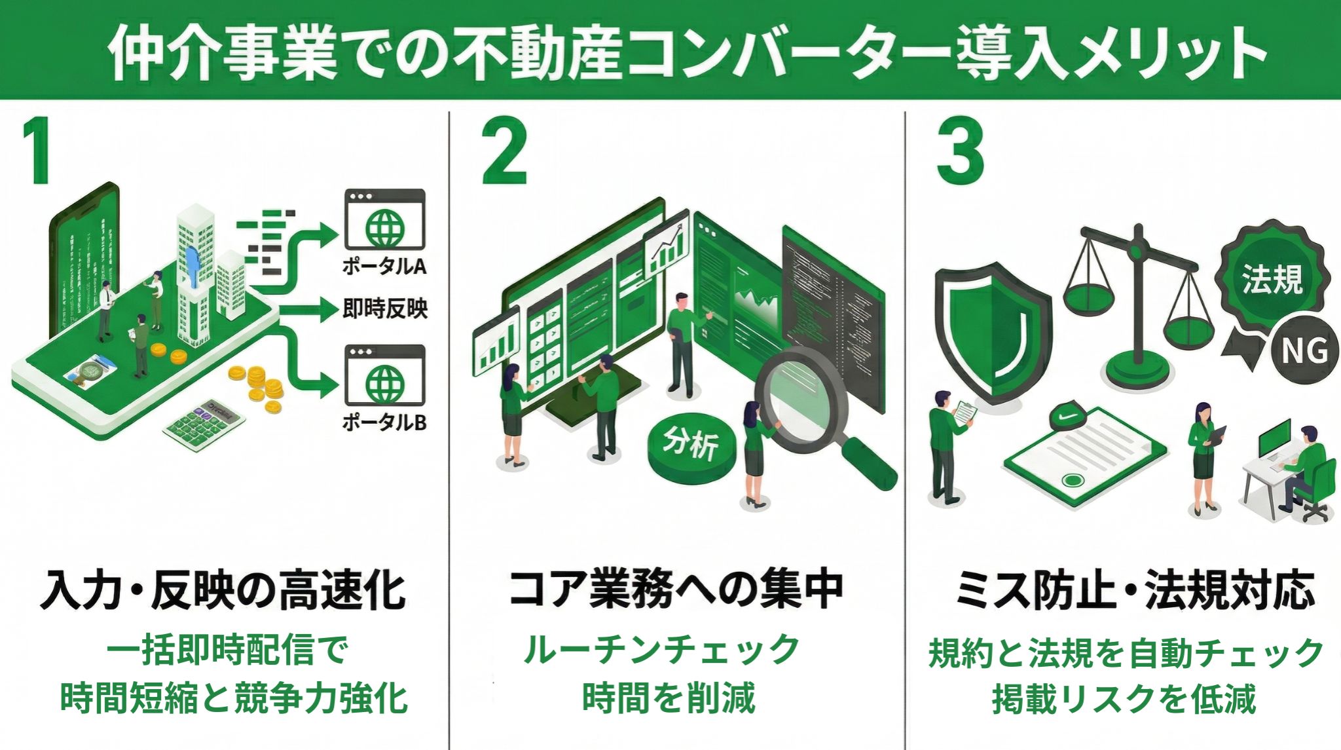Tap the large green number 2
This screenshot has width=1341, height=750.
(504, 152)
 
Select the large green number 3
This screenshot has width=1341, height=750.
(959, 152)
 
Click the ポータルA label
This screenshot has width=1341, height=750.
(384, 267)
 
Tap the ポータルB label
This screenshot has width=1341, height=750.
(384, 422)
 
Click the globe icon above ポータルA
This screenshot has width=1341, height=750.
(385, 227)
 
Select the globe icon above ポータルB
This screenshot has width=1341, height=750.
(385, 383)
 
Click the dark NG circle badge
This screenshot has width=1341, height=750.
(1304, 351)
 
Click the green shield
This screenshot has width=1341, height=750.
(993, 331)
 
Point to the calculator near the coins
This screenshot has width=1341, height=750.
(204, 420)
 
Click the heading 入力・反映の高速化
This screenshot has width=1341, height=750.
(223, 590)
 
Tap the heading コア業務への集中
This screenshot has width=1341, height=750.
(676, 589)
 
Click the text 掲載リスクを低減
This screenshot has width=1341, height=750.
(1124, 698)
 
